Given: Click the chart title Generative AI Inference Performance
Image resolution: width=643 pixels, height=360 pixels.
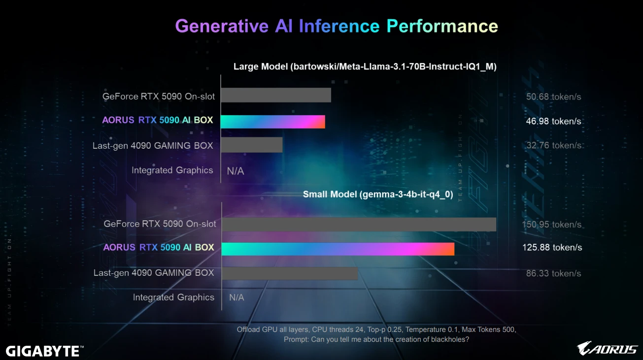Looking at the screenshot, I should click(337, 26).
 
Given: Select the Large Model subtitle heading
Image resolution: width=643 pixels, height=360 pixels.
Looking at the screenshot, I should click(365, 66).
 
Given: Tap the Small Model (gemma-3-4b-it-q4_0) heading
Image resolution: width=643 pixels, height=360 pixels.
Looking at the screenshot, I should click(377, 194).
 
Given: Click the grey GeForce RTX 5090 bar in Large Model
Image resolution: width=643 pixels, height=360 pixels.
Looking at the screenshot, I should click(275, 95).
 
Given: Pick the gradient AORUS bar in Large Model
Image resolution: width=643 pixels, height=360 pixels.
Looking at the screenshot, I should click(272, 121).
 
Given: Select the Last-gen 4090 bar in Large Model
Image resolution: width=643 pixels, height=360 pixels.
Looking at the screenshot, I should click(251, 145).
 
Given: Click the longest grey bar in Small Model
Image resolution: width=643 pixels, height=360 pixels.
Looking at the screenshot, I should click(359, 224).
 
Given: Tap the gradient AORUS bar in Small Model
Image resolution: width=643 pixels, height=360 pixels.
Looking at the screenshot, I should click(338, 249).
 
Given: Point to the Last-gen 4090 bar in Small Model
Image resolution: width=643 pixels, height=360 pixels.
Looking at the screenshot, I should click(290, 273).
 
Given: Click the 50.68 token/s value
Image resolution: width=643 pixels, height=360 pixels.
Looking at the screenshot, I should click(553, 97).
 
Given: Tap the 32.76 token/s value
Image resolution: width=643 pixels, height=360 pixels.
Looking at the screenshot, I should click(553, 145).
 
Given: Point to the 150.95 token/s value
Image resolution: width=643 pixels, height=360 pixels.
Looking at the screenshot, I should click(552, 225).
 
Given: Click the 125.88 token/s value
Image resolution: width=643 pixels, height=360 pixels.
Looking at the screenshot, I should click(552, 247).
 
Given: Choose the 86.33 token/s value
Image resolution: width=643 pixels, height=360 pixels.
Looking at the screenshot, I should click(553, 273).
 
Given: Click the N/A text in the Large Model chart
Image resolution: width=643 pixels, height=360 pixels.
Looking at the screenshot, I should click(236, 171).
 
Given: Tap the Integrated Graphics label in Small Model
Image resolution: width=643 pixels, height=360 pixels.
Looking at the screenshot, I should click(173, 297).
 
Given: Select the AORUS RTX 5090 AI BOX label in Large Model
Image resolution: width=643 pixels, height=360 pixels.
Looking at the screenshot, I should click(158, 120).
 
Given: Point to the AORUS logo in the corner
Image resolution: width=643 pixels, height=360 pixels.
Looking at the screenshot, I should click(607, 349).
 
